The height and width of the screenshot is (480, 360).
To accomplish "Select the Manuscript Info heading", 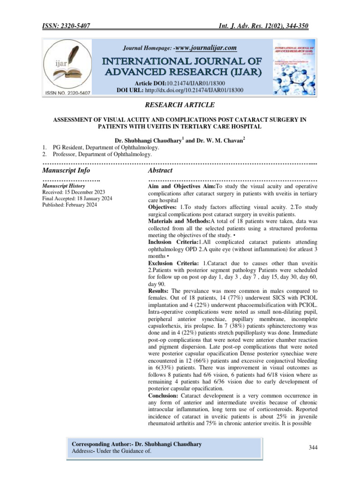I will (66, 171).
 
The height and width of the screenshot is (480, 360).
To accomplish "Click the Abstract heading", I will (160, 171).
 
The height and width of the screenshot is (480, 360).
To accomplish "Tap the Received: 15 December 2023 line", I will (74, 192).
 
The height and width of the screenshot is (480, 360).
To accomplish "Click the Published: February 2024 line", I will (70, 205).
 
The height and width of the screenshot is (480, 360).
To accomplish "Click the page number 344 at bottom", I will (314, 448).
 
